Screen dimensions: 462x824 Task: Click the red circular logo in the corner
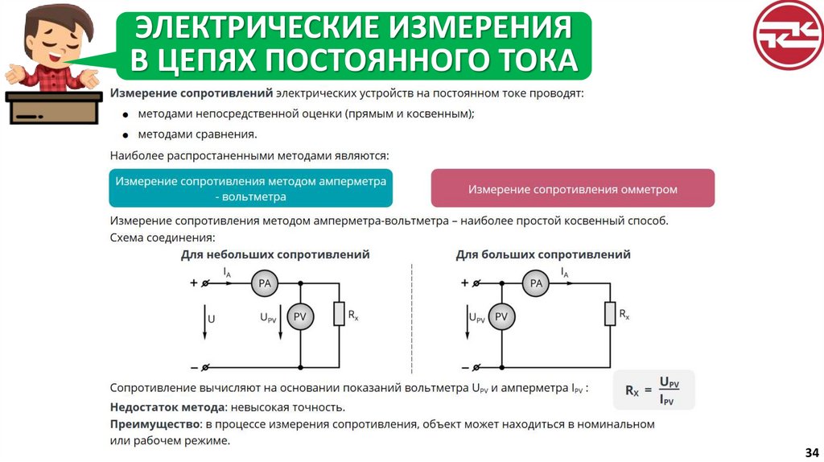click(788, 35)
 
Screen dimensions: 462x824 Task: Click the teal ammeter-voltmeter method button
click(251, 189)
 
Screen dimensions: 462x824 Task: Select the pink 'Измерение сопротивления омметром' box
click(573, 189)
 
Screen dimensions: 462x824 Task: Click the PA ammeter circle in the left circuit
click(263, 283)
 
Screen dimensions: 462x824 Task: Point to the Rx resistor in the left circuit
click(340, 313)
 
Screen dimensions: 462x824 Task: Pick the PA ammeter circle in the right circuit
click(536, 283)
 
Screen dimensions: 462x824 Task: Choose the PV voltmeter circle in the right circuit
click(501, 317)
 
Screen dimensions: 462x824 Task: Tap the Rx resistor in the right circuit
click(611, 313)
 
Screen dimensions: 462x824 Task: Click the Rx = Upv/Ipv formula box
click(653, 390)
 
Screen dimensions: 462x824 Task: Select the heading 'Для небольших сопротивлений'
click(275, 254)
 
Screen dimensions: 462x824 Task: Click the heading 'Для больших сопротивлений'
click(543, 254)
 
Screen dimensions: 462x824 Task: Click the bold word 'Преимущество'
click(154, 423)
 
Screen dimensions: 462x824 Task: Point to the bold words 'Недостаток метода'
click(166, 407)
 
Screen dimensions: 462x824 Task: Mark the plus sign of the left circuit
click(193, 283)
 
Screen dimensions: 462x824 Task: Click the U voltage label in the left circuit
click(212, 319)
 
